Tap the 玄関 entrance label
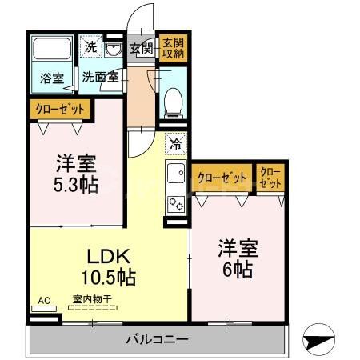pyautogui.click(x=141, y=49)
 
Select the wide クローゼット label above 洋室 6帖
pyautogui.click(x=221, y=178)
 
